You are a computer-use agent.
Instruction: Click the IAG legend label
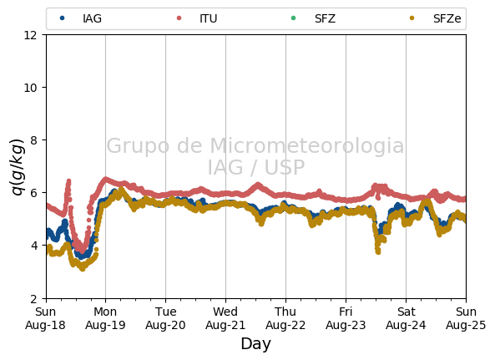pos(92,18)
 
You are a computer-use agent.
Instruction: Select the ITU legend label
pos(209,18)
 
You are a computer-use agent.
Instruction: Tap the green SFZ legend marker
pos(293,18)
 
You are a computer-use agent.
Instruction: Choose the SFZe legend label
pos(447,18)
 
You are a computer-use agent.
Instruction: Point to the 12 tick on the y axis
pos(30,35)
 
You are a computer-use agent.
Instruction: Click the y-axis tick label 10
pos(30,88)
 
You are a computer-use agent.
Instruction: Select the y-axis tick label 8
pos(33,140)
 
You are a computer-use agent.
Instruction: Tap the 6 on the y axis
pos(33,193)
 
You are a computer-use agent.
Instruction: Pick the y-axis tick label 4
pos(33,246)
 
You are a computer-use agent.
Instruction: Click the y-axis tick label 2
pos(33,298)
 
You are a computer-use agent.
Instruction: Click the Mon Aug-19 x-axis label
pos(105,318)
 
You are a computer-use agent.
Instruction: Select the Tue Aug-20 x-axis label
pos(165,318)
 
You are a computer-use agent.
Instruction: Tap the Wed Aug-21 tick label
pos(225,318)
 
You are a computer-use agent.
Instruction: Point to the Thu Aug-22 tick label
pos(285,318)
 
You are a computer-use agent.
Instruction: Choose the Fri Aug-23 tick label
pos(346,318)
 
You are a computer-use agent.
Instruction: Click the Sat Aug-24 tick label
pos(406,318)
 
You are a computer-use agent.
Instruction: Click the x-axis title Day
pos(256,344)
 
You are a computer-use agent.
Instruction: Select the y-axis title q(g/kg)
pos(18,167)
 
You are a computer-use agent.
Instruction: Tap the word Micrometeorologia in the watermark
pos(307,145)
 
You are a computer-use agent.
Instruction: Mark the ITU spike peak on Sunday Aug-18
pos(68,181)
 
